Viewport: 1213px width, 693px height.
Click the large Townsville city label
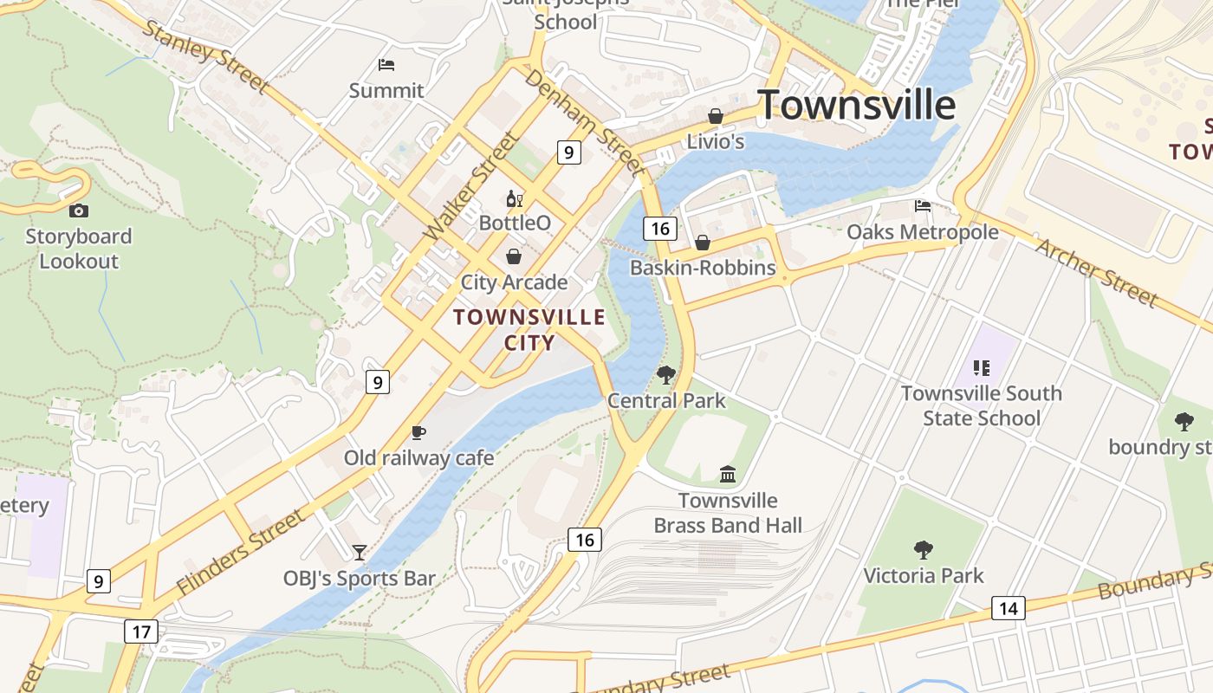click(856, 105)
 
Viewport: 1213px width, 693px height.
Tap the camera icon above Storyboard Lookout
click(79, 210)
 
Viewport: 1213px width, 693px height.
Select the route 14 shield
click(1008, 608)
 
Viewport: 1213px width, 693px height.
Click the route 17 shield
click(140, 631)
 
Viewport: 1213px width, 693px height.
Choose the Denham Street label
click(585, 121)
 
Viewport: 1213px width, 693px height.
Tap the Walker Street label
click(471, 186)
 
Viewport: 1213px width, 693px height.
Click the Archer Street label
click(1097, 272)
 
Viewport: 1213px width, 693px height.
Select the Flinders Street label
click(240, 552)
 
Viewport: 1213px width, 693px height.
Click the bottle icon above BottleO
click(514, 199)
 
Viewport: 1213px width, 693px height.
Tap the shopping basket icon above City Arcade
click(514, 257)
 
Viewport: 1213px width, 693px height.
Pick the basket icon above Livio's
click(716, 116)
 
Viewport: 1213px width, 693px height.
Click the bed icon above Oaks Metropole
click(923, 206)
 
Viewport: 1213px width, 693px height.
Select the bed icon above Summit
click(386, 65)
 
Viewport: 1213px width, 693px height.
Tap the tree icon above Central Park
click(665, 375)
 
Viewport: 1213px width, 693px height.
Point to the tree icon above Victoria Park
click(924, 549)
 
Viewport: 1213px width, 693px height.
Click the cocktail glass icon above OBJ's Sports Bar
click(359, 552)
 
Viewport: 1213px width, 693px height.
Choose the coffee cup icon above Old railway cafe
click(418, 432)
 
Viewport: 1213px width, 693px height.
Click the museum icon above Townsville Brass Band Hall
click(728, 474)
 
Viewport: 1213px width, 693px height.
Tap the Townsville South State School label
click(981, 405)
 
